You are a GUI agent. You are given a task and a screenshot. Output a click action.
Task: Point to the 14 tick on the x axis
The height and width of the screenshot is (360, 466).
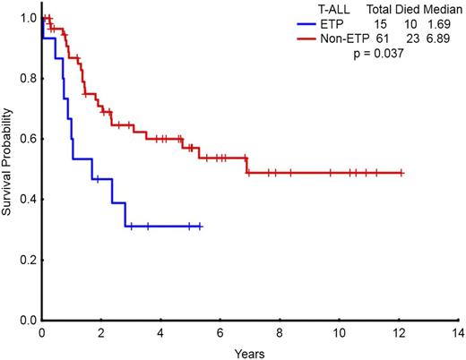[x=459, y=331]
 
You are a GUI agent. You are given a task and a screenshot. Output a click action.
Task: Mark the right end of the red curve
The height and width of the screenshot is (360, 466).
[x=402, y=173]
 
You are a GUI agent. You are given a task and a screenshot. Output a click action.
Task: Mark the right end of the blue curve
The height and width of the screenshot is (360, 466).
[x=201, y=227]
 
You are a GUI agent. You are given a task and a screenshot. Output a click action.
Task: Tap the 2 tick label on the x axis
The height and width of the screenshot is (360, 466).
[x=101, y=331]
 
